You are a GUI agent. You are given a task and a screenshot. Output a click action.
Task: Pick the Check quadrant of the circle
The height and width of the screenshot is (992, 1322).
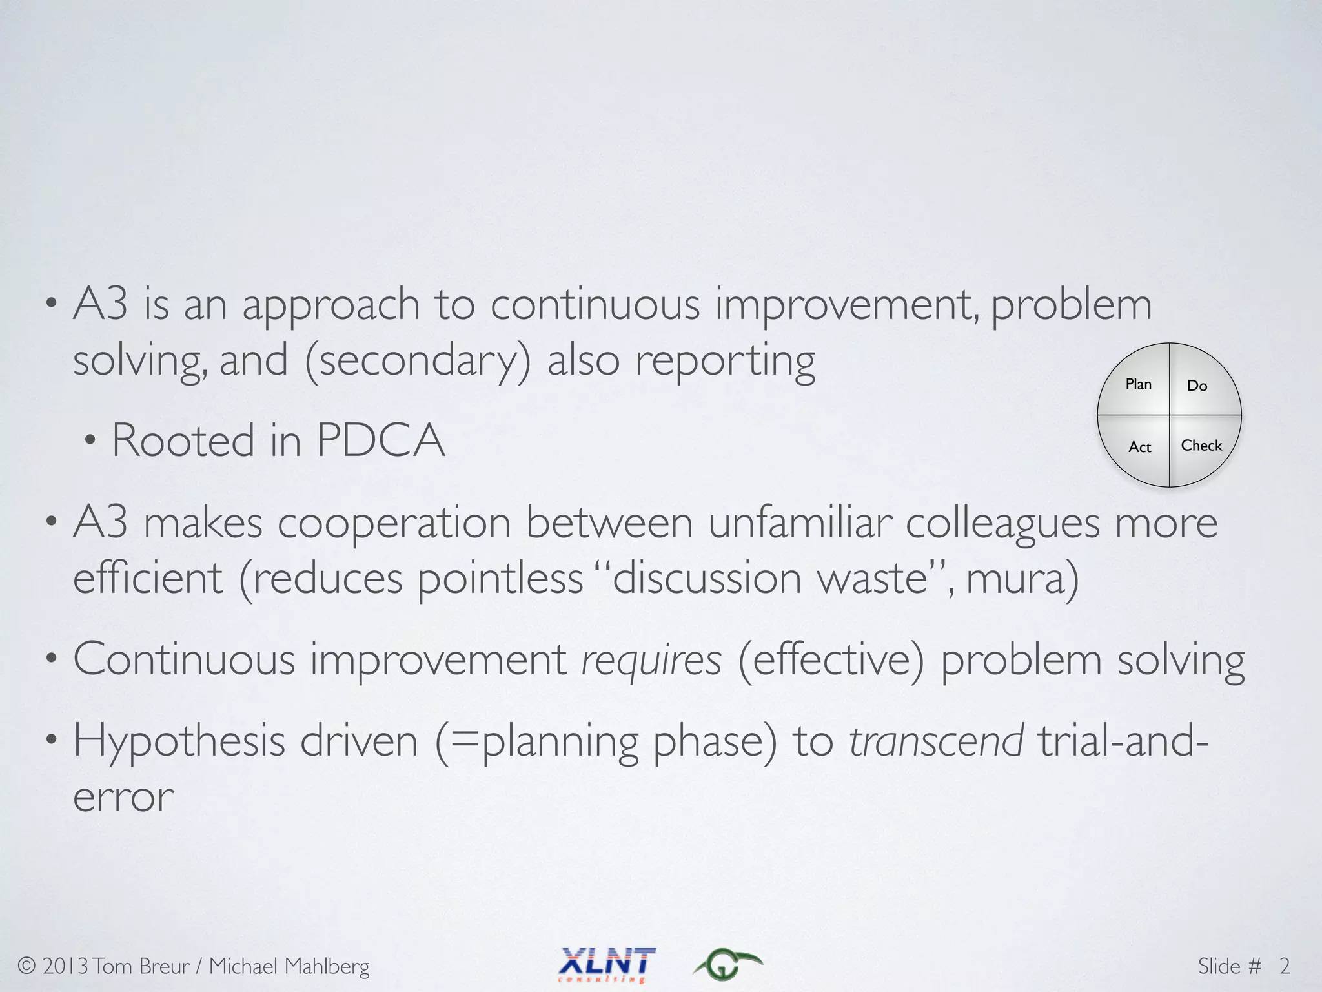(1201, 446)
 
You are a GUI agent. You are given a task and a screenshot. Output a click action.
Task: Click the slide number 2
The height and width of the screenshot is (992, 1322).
(1285, 966)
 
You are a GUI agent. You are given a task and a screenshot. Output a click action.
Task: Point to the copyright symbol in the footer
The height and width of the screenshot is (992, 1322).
(26, 966)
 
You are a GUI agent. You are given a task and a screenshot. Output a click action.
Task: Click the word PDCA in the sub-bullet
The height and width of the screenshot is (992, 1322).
(381, 440)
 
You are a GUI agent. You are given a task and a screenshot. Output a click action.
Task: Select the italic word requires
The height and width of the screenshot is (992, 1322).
(651, 660)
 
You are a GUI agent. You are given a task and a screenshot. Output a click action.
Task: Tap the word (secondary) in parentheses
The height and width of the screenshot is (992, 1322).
(418, 360)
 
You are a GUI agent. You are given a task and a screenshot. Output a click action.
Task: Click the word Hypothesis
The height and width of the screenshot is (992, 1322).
(179, 741)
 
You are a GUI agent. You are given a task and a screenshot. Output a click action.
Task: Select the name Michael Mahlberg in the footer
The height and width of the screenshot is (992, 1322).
(289, 966)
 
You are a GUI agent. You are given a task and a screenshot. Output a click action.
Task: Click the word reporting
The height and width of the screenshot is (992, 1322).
(725, 360)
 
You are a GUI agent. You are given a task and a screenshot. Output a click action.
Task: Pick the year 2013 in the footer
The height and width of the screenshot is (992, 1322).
(65, 966)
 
